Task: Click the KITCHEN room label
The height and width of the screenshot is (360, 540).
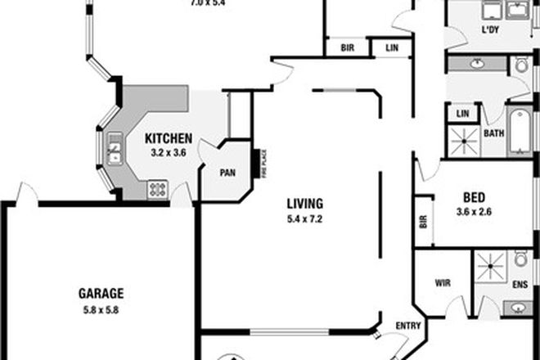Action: pos(169,138)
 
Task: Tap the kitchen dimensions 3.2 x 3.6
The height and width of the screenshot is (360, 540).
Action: pos(169,151)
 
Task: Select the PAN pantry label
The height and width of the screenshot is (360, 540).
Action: pos(228,173)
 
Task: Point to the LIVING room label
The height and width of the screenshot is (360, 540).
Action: pos(305,204)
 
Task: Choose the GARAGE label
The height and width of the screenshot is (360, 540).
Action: pos(101,292)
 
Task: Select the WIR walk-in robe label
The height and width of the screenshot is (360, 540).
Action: pos(443,283)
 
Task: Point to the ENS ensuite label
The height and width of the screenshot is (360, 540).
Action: pos(520,286)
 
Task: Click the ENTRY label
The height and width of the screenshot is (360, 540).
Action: pos(407,326)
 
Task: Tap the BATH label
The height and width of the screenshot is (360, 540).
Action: pos(493,133)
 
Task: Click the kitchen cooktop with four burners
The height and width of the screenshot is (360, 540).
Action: pos(157,190)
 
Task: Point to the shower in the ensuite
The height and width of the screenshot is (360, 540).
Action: pos(493,268)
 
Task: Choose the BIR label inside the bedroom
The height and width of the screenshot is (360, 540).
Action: pos(423,221)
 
